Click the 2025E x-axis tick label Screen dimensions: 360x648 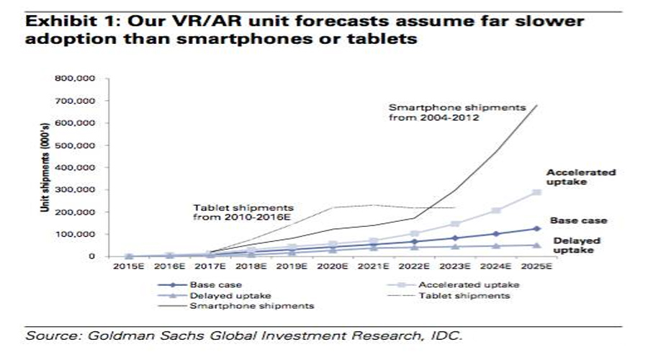pyautogui.click(x=536, y=267)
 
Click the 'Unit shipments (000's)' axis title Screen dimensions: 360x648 pyautogui.click(x=44, y=167)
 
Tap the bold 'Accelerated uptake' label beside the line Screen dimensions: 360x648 pyautogui.click(x=581, y=177)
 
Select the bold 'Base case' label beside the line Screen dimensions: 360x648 pyautogui.click(x=579, y=220)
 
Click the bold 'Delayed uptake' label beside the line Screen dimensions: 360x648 pyautogui.click(x=577, y=246)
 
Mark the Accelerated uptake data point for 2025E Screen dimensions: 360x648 pyautogui.click(x=536, y=192)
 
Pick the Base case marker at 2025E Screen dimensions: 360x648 pyautogui.click(x=536, y=229)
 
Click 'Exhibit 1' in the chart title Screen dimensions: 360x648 pyautogui.click(x=61, y=22)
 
